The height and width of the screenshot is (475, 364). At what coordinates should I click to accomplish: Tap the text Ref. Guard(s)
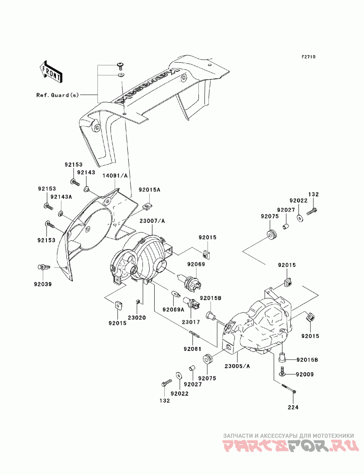(x=58, y=95)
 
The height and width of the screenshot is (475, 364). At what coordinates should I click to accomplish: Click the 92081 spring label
(x=193, y=349)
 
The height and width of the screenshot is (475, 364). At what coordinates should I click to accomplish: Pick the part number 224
(x=293, y=407)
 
